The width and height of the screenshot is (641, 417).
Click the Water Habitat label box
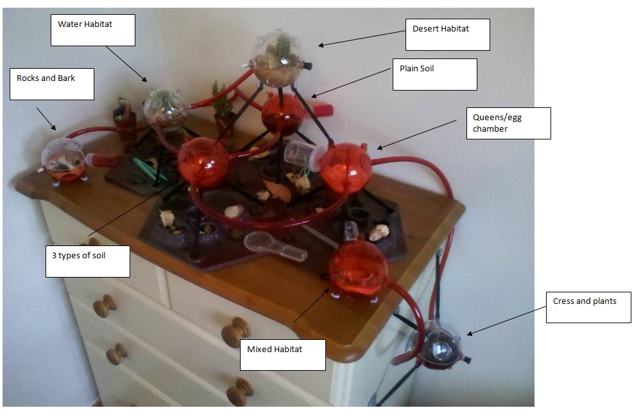point(92,30)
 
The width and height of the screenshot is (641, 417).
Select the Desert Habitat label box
point(447,34)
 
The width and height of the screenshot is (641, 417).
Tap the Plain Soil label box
point(434,74)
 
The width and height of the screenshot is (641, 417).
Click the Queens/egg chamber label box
point(508,123)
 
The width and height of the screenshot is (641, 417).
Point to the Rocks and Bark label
point(51,84)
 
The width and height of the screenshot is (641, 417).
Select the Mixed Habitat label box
point(282,355)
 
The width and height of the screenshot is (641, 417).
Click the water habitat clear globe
point(165,109)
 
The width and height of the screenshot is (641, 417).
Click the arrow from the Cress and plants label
point(506,320)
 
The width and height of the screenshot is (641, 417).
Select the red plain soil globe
point(282,114)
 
